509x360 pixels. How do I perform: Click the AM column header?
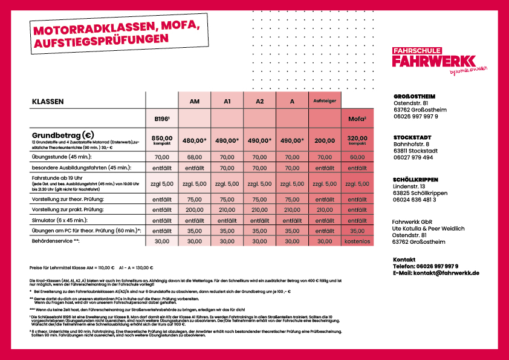coord(195,102)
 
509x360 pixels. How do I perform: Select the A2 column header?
coord(259,102)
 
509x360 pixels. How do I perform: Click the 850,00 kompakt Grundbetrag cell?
coord(161,140)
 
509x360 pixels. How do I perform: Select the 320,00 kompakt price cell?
coord(357,140)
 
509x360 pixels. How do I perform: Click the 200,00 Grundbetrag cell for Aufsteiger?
coord(325,140)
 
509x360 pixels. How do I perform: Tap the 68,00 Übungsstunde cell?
coord(194,157)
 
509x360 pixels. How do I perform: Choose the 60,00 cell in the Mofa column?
coord(357,157)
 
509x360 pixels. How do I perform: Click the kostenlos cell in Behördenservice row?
coord(357,241)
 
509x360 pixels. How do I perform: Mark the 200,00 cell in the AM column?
coord(194,209)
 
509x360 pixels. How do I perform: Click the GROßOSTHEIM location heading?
coord(414,96)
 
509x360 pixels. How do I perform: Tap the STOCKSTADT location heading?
coord(411,138)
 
